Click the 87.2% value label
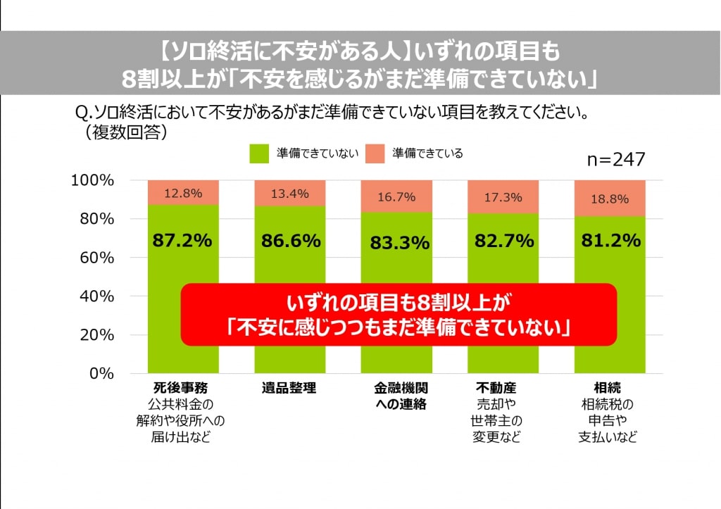point(182,241)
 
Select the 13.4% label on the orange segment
point(289,194)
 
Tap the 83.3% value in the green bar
point(399,244)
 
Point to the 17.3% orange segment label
point(503,198)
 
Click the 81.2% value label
point(610,241)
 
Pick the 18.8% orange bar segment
point(610,199)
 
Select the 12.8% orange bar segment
point(182,192)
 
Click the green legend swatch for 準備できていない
point(259,153)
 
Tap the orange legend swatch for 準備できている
point(375,153)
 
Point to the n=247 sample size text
point(616,160)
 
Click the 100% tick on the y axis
point(92,181)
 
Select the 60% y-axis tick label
point(96,258)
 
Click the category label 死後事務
point(180,388)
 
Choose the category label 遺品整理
point(289,388)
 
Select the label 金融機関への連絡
point(400,396)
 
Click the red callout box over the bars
point(398,315)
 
